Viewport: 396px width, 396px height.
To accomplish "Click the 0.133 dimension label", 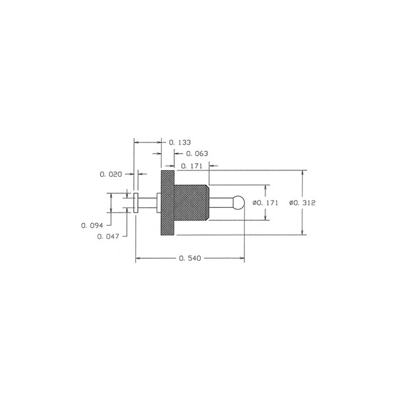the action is click(x=180, y=143).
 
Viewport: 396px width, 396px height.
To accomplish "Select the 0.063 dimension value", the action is click(x=197, y=154).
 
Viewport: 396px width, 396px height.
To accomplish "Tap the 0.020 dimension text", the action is click(x=111, y=174).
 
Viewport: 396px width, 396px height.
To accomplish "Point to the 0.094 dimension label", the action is click(x=92, y=225).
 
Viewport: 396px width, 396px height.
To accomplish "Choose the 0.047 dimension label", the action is click(x=108, y=236).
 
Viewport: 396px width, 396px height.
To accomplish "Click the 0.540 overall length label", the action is click(x=190, y=258).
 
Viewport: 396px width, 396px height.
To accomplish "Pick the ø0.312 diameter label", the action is click(x=302, y=203).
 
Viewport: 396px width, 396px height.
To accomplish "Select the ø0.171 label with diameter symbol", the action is click(x=265, y=203).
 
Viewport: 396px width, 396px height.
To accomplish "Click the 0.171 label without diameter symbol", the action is click(x=191, y=166).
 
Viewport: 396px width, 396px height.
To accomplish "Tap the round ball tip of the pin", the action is click(x=239, y=203).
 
